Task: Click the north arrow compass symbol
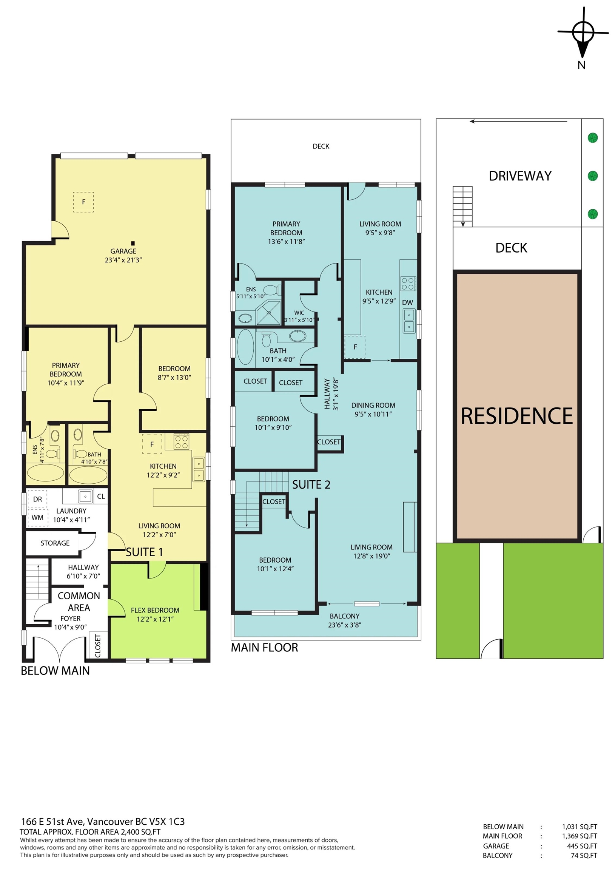click(583, 33)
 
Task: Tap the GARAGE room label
click(123, 251)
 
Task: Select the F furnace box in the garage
click(83, 202)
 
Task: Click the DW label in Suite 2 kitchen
click(407, 303)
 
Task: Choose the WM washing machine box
click(37, 518)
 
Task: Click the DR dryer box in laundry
click(37, 499)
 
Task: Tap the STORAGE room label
click(55, 543)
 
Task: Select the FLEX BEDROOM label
click(155, 611)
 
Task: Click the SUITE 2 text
click(311, 484)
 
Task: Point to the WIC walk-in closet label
click(299, 313)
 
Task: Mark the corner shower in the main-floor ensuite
click(269, 313)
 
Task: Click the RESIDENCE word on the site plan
click(516, 416)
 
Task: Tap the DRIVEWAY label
click(520, 176)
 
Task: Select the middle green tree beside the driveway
click(593, 176)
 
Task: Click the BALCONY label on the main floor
click(344, 617)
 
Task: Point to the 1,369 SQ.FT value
click(580, 836)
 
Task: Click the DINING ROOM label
click(373, 406)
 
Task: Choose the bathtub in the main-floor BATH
click(245, 347)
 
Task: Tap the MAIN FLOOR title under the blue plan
click(265, 648)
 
